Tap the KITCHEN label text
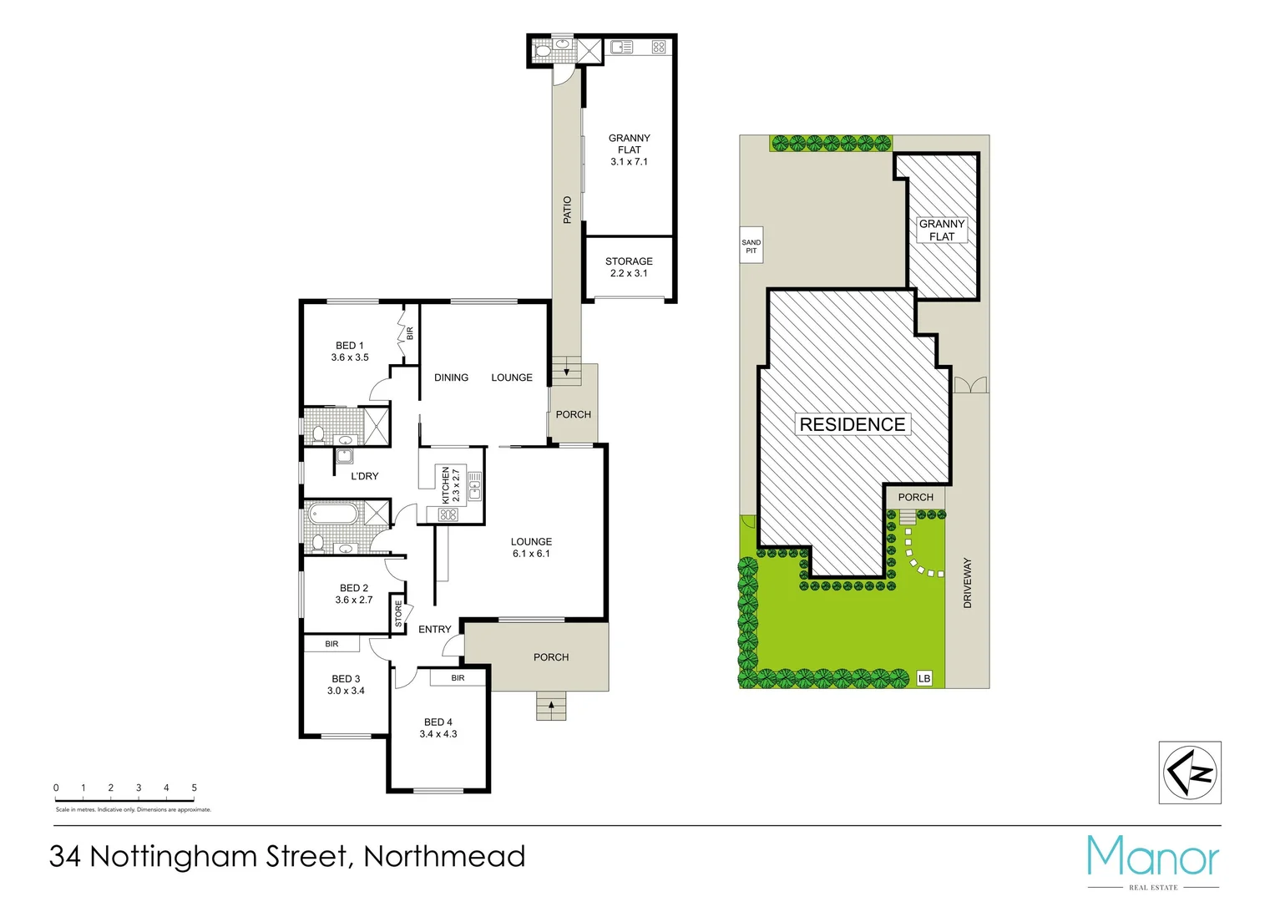click(x=446, y=485)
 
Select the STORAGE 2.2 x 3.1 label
click(x=629, y=267)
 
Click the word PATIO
click(x=568, y=210)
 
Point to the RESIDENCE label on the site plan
click(x=853, y=424)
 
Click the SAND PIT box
click(x=751, y=246)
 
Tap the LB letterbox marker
click(x=924, y=678)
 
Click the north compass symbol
click(x=1190, y=773)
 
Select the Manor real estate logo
click(x=1153, y=858)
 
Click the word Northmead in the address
click(x=444, y=856)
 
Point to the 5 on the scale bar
click(x=194, y=788)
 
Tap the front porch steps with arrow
click(x=551, y=707)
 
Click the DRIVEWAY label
click(x=968, y=583)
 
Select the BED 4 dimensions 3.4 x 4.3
click(x=438, y=734)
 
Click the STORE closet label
click(x=398, y=613)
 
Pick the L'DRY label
click(x=365, y=476)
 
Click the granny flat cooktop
click(x=658, y=48)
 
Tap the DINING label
click(x=451, y=378)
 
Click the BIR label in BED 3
click(x=331, y=644)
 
